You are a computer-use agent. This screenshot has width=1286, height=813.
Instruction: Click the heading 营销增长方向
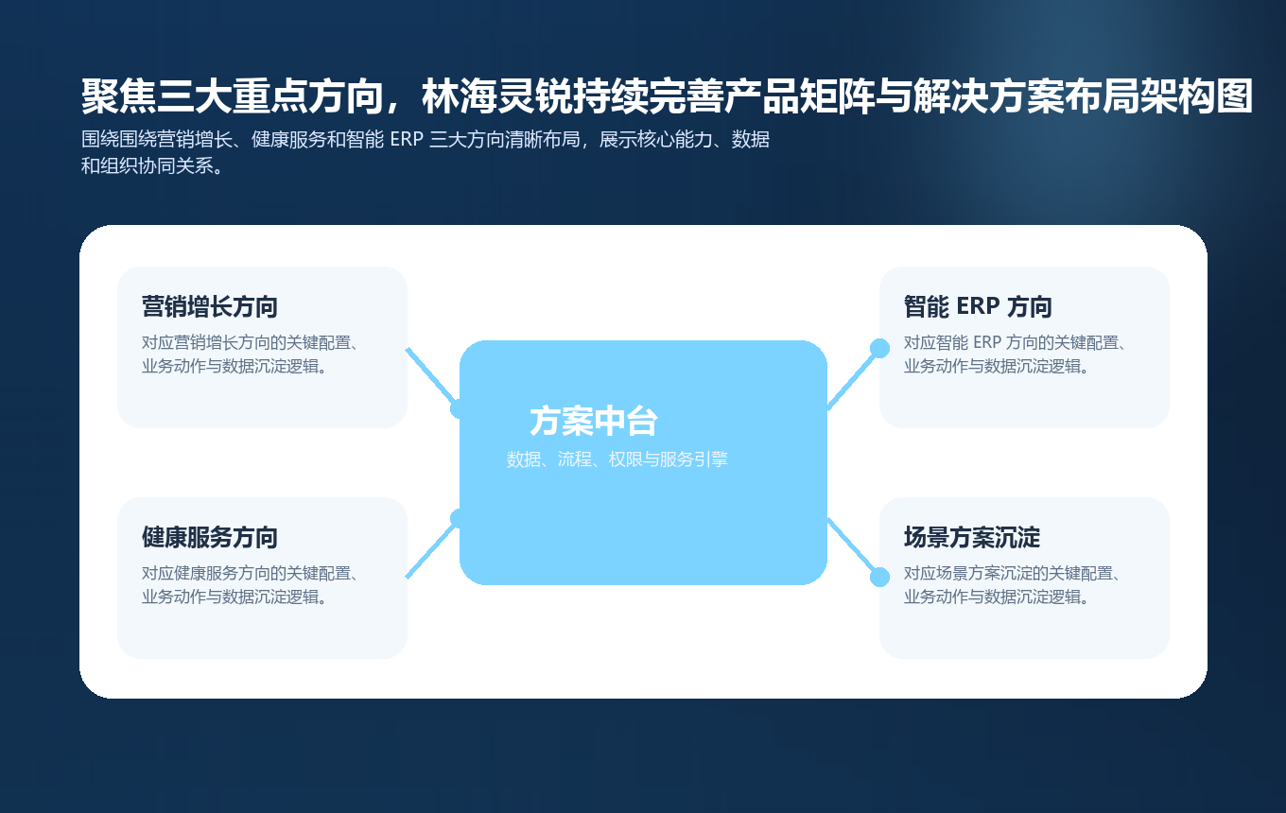click(209, 306)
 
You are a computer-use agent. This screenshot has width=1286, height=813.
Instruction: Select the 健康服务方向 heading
click(209, 537)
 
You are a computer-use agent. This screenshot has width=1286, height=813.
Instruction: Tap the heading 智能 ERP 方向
click(977, 306)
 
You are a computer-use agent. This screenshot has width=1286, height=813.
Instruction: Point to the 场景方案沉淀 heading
click(971, 537)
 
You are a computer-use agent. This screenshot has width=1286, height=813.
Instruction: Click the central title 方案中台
click(593, 421)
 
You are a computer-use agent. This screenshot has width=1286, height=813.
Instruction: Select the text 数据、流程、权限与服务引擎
click(617, 459)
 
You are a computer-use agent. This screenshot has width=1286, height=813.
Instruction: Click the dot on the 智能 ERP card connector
click(879, 348)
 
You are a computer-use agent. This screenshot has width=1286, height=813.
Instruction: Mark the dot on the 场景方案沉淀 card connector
click(879, 577)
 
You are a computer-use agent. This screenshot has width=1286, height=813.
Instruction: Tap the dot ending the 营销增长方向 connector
click(460, 408)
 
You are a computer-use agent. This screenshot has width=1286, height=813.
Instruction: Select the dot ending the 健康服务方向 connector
click(460, 518)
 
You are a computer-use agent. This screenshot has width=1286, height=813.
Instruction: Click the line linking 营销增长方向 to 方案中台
click(431, 376)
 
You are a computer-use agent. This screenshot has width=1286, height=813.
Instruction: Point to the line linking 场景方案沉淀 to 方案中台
click(853, 547)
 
